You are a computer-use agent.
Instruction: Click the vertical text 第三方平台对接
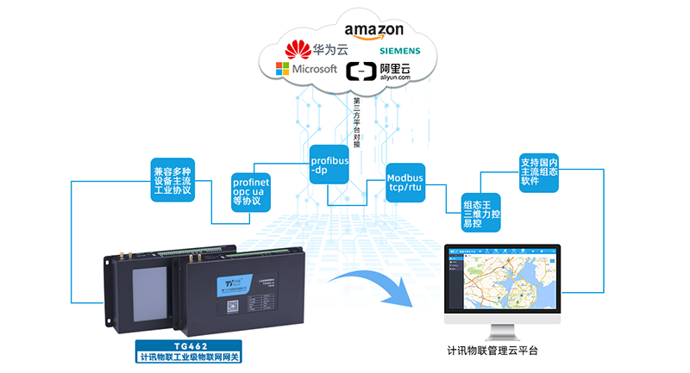coord(356,121)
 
